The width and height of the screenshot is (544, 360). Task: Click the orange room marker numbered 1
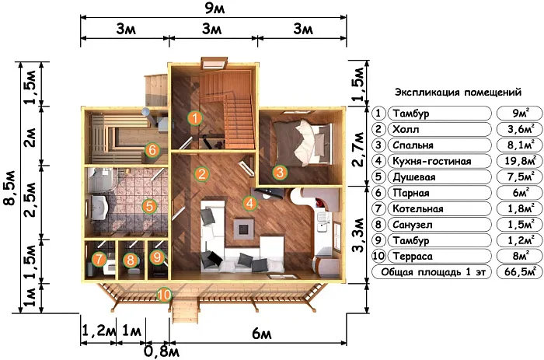(x=195, y=118)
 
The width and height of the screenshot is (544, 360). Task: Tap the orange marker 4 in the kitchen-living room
(x=250, y=203)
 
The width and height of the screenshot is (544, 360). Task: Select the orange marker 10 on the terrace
(x=164, y=295)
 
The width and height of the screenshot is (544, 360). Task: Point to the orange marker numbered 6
(x=152, y=150)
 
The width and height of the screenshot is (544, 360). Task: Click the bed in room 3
(x=302, y=142)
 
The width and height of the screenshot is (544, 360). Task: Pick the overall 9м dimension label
(x=214, y=8)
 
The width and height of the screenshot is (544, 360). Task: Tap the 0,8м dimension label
(x=162, y=352)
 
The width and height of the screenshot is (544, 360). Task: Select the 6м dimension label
(x=262, y=334)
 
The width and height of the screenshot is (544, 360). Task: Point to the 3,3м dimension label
(x=358, y=235)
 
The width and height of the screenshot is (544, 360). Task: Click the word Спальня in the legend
(x=413, y=145)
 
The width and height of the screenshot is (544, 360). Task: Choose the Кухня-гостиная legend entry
(x=432, y=161)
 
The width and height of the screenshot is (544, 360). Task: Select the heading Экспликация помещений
(x=458, y=93)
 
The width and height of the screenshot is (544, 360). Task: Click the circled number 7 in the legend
(x=378, y=208)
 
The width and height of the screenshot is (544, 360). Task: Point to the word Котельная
(x=418, y=208)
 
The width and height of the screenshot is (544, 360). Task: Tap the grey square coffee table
(x=245, y=229)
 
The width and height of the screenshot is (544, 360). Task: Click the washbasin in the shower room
(x=99, y=208)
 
